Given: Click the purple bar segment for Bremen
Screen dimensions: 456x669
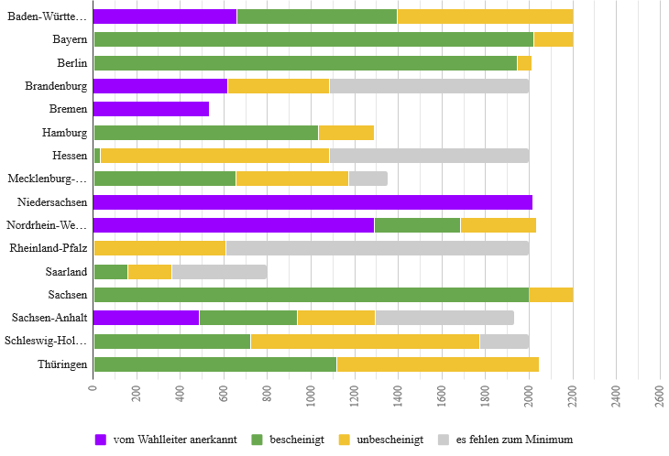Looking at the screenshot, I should (151, 109).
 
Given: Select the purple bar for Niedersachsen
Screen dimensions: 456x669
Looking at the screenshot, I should (313, 202).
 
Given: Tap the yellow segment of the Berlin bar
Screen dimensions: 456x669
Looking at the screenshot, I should (524, 63).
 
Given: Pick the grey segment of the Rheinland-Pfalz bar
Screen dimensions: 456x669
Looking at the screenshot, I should (377, 248).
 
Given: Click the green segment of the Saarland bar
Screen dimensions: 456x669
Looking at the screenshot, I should (111, 272).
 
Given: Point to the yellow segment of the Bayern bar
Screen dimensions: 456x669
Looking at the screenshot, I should (553, 39).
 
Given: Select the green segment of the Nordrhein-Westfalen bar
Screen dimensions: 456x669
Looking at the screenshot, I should (417, 225).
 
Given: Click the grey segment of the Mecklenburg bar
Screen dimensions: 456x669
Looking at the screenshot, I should (367, 179).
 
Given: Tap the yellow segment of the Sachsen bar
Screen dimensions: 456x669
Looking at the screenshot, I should (551, 295).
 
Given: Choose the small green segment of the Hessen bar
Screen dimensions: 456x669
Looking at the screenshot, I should (97, 156).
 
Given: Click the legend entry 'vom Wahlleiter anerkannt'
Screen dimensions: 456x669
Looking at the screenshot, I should (166, 440).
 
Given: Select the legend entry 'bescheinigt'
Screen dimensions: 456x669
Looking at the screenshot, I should (291, 440).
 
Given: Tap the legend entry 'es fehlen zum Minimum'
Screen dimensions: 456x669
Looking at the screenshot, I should (506, 440).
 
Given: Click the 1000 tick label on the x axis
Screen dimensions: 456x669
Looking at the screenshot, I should (312, 394).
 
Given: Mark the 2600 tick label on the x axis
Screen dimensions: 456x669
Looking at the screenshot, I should (660, 394).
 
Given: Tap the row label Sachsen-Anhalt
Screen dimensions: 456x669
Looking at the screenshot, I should (50, 318).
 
